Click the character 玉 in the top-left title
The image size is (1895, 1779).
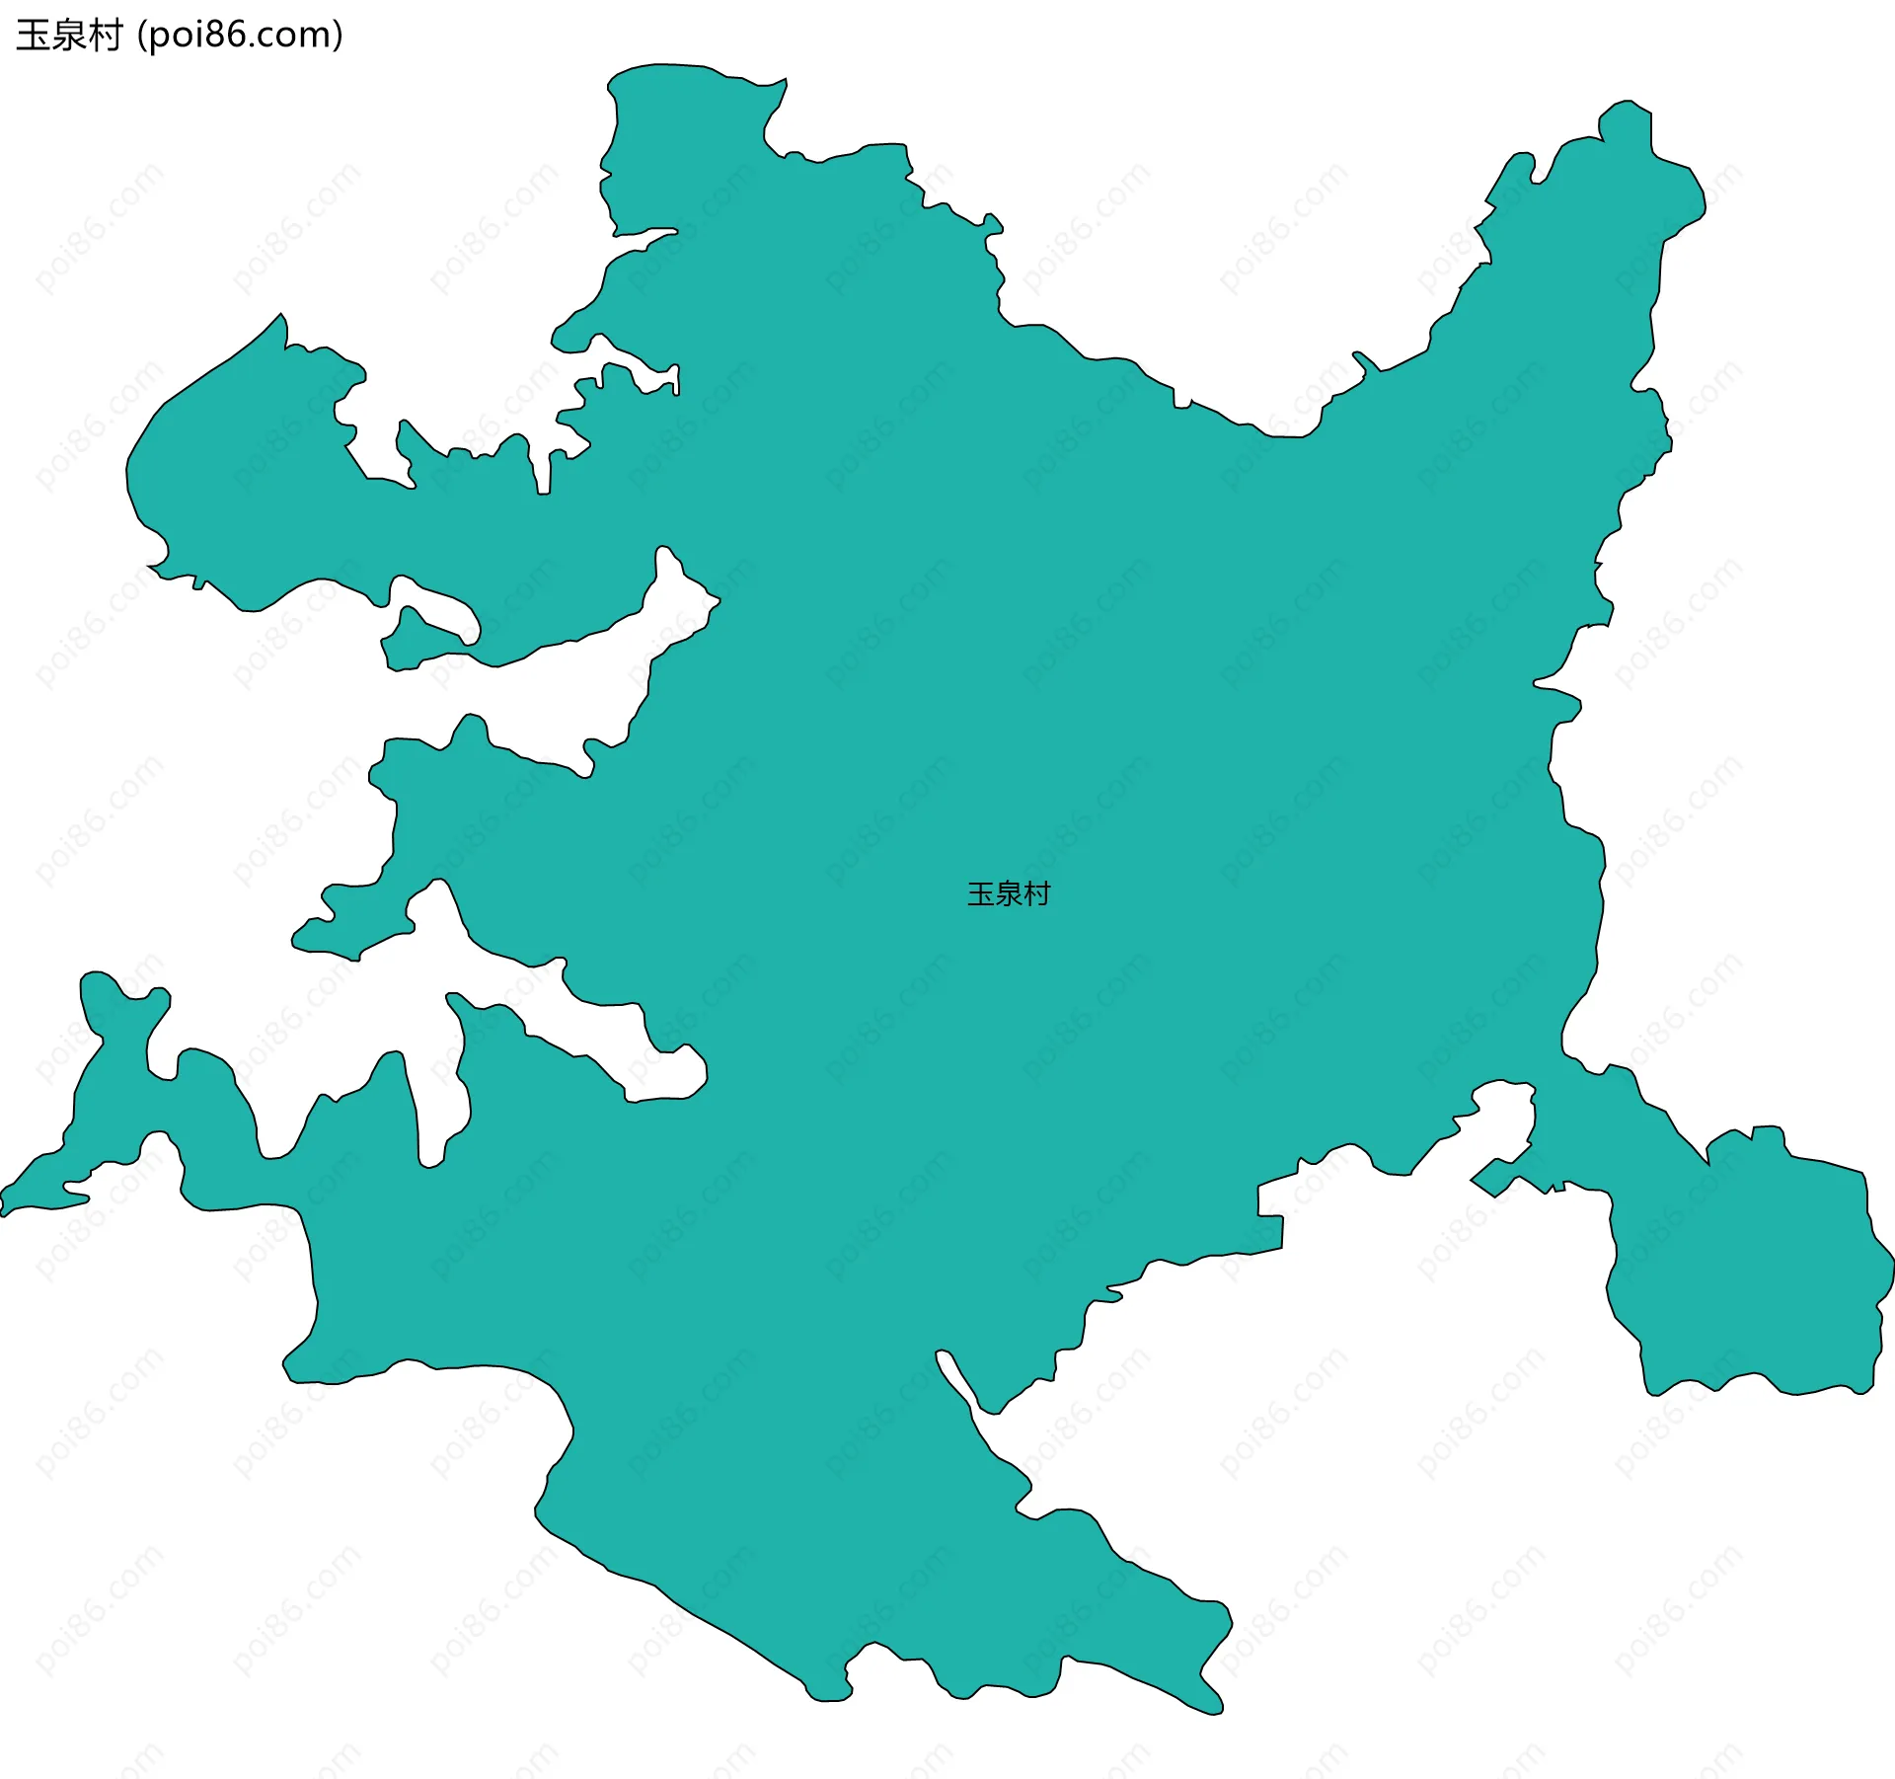coord(33,36)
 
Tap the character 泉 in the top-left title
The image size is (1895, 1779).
coord(68,36)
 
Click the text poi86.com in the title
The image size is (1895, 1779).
coord(240,36)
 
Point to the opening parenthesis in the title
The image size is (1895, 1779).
coord(141,36)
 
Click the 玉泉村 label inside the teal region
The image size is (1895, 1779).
coord(1009,894)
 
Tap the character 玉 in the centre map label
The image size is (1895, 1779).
coord(981,894)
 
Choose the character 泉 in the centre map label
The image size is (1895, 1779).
coord(1009,894)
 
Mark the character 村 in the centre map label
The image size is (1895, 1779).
coord(1037,894)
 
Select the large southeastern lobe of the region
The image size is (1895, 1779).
coord(1757,1274)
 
